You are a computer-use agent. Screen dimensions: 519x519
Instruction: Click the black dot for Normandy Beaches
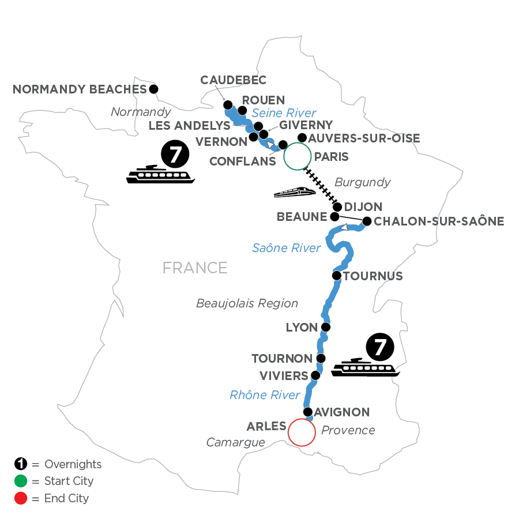153,89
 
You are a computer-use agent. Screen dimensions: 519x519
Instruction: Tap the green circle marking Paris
296,156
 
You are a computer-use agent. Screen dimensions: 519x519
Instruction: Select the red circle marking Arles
302,432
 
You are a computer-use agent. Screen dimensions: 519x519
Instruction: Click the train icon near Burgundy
294,193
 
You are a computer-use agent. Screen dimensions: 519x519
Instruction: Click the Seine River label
284,113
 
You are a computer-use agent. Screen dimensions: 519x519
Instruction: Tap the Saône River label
286,248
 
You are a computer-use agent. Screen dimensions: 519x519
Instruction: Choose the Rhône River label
265,395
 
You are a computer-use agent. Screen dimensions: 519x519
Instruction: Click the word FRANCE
195,268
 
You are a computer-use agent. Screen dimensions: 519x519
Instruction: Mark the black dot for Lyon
325,328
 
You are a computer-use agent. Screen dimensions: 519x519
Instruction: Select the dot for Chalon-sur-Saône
366,220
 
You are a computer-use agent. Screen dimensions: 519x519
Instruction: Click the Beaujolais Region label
247,303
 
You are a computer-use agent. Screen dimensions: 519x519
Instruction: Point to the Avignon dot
308,412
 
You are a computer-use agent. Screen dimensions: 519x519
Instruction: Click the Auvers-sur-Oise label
364,138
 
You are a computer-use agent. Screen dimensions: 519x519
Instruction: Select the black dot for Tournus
337,276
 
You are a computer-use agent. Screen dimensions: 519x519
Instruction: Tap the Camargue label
236,442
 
